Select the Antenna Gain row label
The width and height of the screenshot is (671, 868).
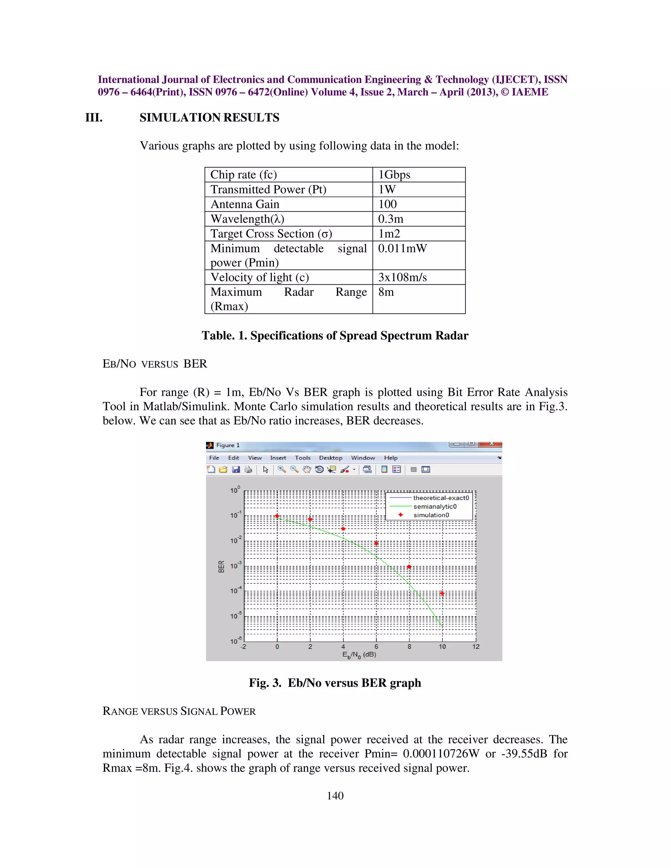click(245, 204)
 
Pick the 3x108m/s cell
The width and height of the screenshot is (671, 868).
click(402, 277)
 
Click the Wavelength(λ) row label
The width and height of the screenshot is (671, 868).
click(247, 219)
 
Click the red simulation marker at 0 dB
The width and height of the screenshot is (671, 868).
click(277, 516)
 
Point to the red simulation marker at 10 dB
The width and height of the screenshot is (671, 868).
click(442, 594)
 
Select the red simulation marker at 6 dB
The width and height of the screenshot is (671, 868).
click(376, 543)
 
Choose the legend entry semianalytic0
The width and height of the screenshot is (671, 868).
click(435, 507)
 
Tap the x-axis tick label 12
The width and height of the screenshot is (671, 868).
click(475, 647)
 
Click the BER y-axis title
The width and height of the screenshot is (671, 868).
click(221, 566)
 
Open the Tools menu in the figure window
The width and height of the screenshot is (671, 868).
click(302, 458)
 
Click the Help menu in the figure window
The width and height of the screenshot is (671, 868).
click(390, 458)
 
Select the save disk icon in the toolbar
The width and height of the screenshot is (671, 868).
click(236, 470)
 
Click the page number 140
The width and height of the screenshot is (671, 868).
click(335, 796)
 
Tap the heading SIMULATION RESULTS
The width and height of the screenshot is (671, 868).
click(209, 118)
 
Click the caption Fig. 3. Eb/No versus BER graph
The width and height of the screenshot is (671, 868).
click(335, 683)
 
